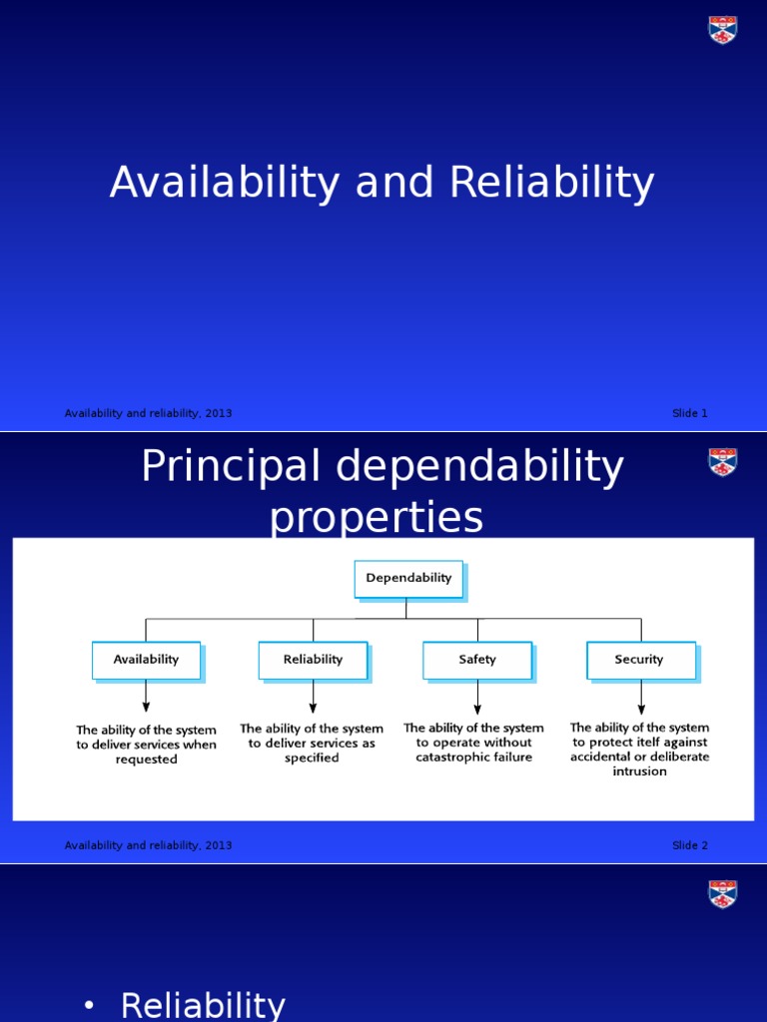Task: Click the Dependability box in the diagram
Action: [408, 578]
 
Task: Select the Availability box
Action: [146, 660]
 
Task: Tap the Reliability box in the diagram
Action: [313, 660]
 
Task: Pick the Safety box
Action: [477, 660]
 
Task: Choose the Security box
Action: [639, 660]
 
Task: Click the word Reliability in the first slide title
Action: [551, 184]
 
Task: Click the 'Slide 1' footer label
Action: [689, 413]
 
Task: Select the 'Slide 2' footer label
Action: [689, 845]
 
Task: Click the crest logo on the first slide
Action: [723, 30]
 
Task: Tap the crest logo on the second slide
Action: [723, 462]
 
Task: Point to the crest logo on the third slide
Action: [723, 894]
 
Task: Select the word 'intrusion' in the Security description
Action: [639, 771]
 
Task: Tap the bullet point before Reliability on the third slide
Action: [90, 1006]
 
